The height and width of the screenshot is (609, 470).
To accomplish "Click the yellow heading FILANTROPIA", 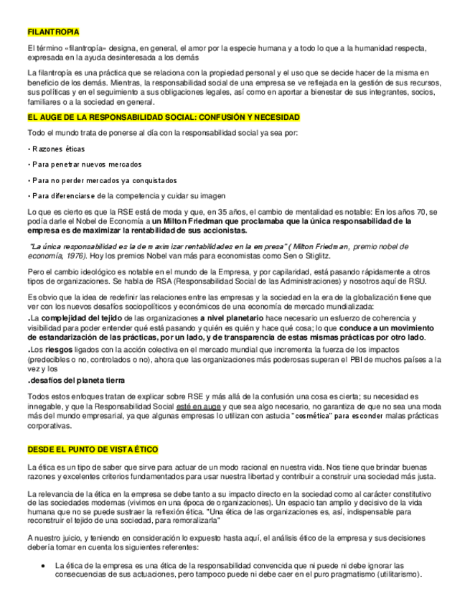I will coord(53,32).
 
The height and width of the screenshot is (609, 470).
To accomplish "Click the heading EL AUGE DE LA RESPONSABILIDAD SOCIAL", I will coord(164,117).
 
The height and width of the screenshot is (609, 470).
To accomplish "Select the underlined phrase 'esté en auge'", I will coord(197,406).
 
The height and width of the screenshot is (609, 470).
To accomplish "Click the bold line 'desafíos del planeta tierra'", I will coord(77,380).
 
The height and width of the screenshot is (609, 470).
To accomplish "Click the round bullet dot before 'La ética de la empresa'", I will coord(44,565).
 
